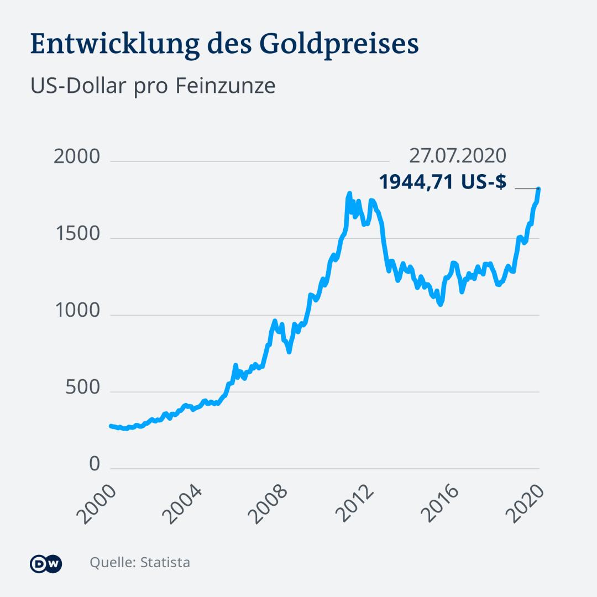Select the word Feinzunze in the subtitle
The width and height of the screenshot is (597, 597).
(226, 87)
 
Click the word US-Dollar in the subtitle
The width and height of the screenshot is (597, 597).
(77, 87)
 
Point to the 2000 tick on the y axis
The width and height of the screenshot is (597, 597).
(77, 157)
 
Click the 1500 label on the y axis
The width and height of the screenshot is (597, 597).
(77, 234)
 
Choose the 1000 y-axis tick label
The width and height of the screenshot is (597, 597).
(77, 311)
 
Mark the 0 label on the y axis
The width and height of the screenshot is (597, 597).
(95, 464)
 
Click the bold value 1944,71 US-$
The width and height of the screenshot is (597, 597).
(442, 182)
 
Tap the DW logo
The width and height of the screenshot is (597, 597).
(46, 563)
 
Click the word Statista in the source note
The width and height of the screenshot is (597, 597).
(165, 563)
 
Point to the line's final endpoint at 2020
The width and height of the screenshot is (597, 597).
(538, 190)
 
